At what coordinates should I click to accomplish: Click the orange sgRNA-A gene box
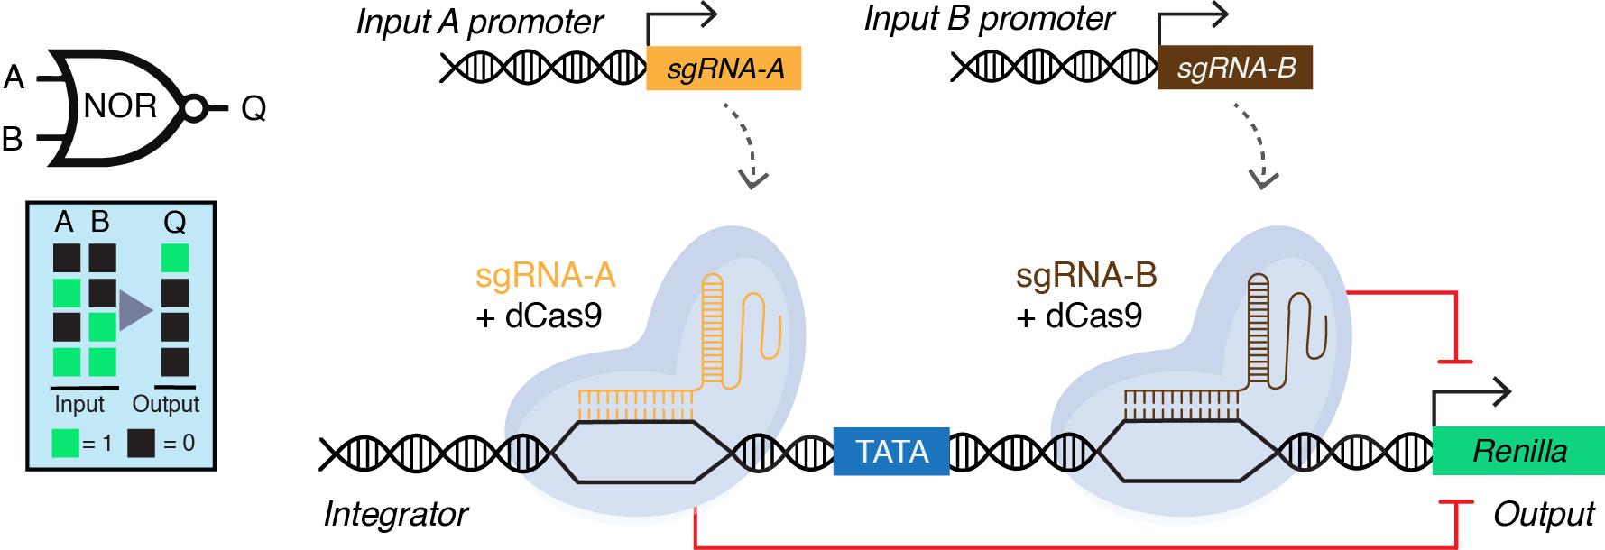pos(724,69)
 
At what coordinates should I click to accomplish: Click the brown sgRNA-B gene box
pos(1235,68)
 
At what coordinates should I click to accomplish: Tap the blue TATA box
pos(891,451)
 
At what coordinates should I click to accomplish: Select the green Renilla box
pos(1519,451)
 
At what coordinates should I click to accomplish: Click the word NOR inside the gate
pos(120,106)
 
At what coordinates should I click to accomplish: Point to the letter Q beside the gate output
pos(254,108)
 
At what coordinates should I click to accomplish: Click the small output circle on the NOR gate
pos(193,108)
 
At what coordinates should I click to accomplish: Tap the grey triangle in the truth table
pos(134,310)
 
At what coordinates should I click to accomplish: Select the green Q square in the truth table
pos(175,258)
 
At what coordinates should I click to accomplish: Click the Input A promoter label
pos(479,23)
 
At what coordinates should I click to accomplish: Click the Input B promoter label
pos(989,19)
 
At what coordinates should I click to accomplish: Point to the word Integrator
pos(395,514)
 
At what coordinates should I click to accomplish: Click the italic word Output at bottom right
pos(1544,514)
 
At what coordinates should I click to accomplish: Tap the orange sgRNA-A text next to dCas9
pos(545,275)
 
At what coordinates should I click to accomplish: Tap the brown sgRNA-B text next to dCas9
pos(1086,275)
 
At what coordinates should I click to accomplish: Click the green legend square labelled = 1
pos(66,443)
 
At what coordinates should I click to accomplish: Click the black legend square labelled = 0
pos(141,443)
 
